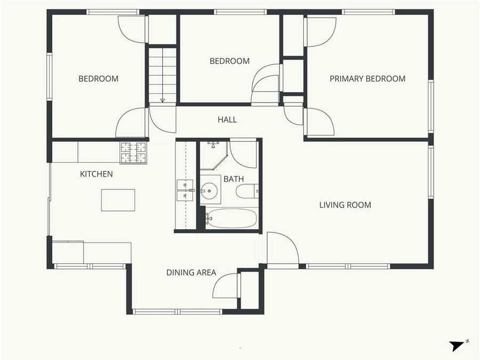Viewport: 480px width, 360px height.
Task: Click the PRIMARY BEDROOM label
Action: pyautogui.click(x=367, y=79)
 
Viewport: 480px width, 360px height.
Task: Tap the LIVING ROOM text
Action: pyautogui.click(x=345, y=205)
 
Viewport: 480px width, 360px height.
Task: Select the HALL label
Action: pyautogui.click(x=227, y=119)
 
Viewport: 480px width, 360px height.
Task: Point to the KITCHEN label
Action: pyautogui.click(x=97, y=174)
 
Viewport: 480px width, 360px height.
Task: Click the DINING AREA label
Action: pyautogui.click(x=191, y=273)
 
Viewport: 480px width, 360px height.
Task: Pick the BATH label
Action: pyautogui.click(x=234, y=179)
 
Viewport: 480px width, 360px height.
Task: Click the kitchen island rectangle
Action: pyautogui.click(x=118, y=200)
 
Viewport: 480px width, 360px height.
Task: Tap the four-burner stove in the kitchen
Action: pyautogui.click(x=133, y=153)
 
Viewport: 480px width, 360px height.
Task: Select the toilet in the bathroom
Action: pyautogui.click(x=248, y=191)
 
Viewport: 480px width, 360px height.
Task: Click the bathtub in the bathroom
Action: pyautogui.click(x=231, y=218)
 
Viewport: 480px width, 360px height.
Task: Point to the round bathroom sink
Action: pyautogui.click(x=210, y=189)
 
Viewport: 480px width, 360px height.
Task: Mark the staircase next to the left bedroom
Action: pyautogui.click(x=163, y=75)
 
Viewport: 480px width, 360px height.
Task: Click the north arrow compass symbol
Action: pyautogui.click(x=458, y=345)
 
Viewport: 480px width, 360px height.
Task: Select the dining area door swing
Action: pyautogui.click(x=226, y=286)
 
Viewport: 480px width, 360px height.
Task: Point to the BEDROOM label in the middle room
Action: pyautogui.click(x=229, y=61)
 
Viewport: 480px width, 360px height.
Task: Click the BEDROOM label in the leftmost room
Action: pyautogui.click(x=99, y=79)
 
